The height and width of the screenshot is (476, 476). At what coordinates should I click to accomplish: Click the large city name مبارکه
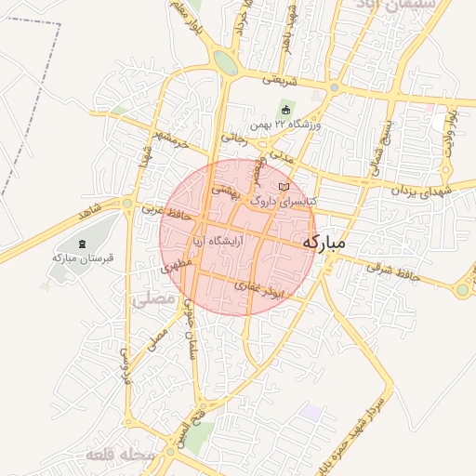coord(324,242)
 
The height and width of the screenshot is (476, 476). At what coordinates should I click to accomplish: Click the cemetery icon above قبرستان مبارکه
coord(83,244)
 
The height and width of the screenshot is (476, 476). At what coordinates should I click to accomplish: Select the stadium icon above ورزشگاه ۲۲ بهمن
coord(285,110)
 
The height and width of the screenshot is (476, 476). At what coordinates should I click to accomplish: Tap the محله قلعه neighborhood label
coord(118,456)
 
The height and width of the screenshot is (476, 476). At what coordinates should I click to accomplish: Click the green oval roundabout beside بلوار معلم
coord(224,62)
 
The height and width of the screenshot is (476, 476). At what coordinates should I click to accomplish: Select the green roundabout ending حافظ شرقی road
coord(463,289)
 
